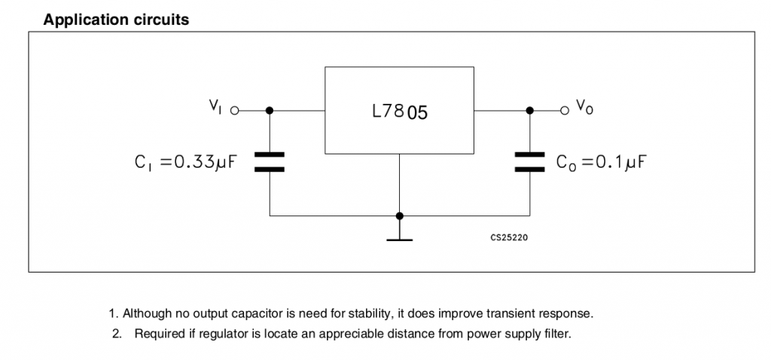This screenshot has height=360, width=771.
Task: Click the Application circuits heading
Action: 116,20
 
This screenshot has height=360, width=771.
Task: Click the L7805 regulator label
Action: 399,113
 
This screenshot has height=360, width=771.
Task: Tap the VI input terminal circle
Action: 234,110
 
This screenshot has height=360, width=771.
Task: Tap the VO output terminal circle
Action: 565,110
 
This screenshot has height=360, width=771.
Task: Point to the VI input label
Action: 215,107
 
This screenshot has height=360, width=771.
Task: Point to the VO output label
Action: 584,107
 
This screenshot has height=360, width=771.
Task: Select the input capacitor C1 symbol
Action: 270,162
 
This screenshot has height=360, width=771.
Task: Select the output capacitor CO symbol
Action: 529,162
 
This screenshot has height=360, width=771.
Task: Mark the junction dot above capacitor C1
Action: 270,110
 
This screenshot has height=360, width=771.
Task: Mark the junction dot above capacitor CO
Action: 529,110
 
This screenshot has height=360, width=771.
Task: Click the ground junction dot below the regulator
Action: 399,215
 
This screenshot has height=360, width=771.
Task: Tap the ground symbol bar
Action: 399,240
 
